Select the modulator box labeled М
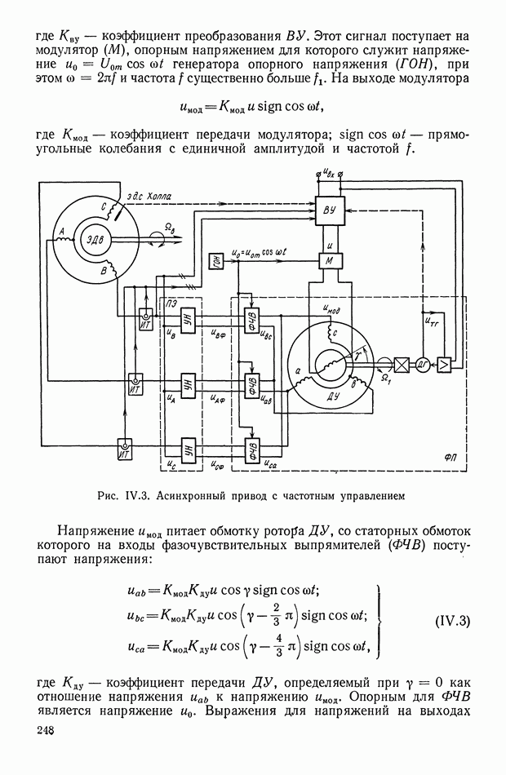click(328, 260)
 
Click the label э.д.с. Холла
click(149, 197)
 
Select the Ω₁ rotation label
click(387, 379)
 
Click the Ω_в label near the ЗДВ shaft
click(170, 228)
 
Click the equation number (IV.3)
click(453, 622)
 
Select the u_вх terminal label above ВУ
click(329, 173)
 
